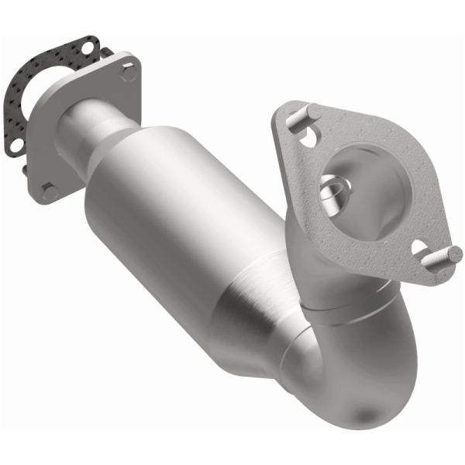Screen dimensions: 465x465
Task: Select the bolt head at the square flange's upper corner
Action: point(128,72)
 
